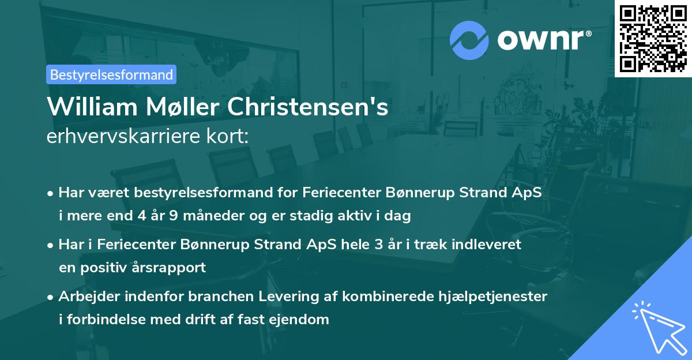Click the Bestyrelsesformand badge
point(111,74)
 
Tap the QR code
point(653,39)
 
